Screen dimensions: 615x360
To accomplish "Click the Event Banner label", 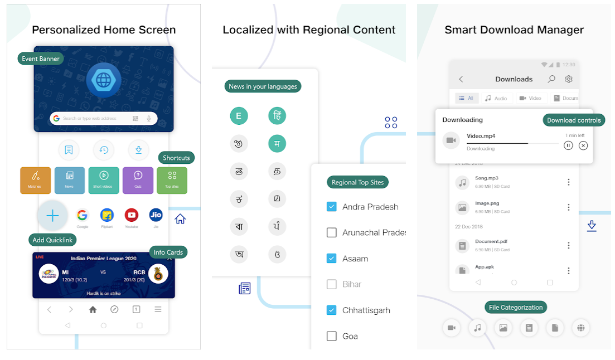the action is click(x=40, y=59).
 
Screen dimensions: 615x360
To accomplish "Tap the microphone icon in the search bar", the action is click(x=149, y=118).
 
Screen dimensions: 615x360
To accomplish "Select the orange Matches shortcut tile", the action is click(x=35, y=180).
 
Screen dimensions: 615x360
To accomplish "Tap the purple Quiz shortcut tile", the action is click(x=138, y=180).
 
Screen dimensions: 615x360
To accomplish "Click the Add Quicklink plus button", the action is click(x=52, y=216).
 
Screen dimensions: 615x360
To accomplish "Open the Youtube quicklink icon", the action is click(x=132, y=215).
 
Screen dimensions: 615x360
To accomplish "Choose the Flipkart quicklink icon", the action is click(x=107, y=215).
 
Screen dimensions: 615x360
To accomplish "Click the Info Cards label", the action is click(x=168, y=252).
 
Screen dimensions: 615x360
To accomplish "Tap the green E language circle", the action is click(x=239, y=116).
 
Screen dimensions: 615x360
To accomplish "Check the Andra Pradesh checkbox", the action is click(x=332, y=207).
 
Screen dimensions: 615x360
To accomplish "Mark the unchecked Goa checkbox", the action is click(x=332, y=336).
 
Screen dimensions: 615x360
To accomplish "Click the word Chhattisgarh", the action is click(x=366, y=310).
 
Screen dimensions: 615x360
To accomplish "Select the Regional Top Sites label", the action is click(x=357, y=182).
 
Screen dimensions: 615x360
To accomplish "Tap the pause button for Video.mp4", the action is click(x=568, y=145).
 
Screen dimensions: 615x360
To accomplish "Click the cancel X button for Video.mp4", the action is click(x=583, y=145).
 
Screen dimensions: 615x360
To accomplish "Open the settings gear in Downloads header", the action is click(x=569, y=79).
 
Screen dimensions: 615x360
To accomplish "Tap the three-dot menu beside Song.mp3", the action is click(x=569, y=182).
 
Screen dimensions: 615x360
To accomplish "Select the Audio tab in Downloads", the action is click(x=496, y=98).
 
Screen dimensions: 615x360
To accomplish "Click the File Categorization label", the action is click(x=516, y=307).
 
